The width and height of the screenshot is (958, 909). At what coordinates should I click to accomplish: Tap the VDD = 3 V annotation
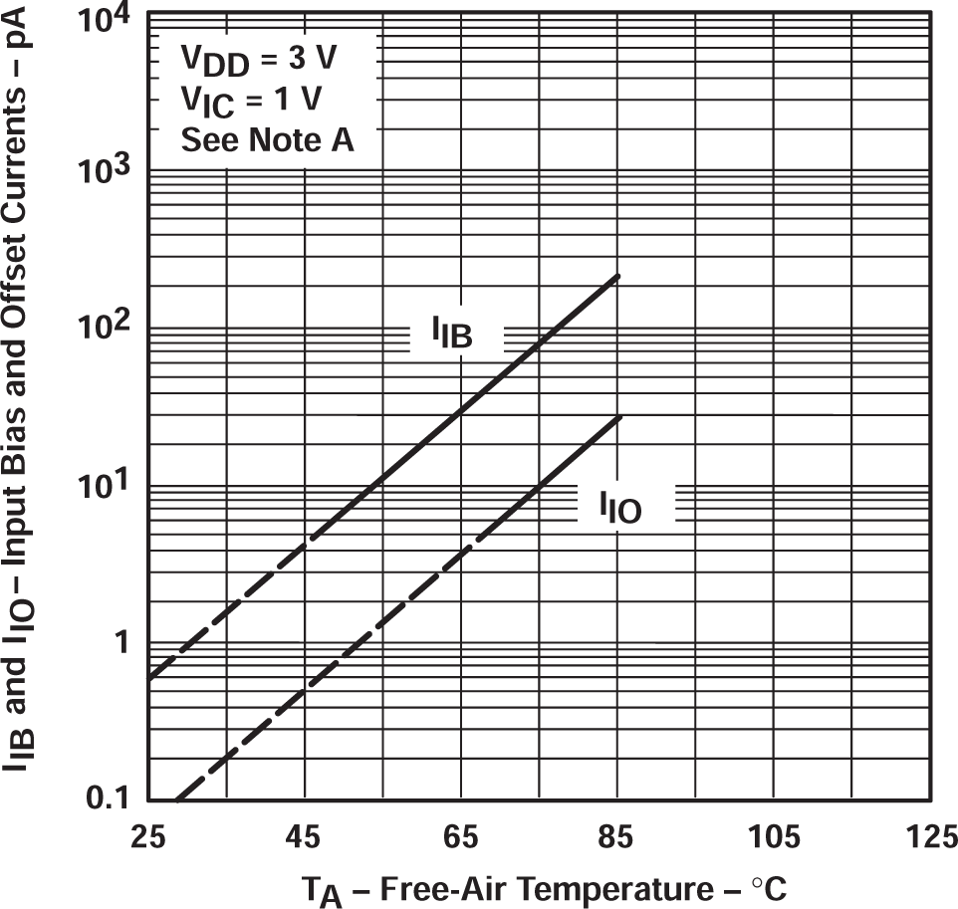[x=258, y=60]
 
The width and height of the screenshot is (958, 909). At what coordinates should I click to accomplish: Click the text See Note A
[x=266, y=140]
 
